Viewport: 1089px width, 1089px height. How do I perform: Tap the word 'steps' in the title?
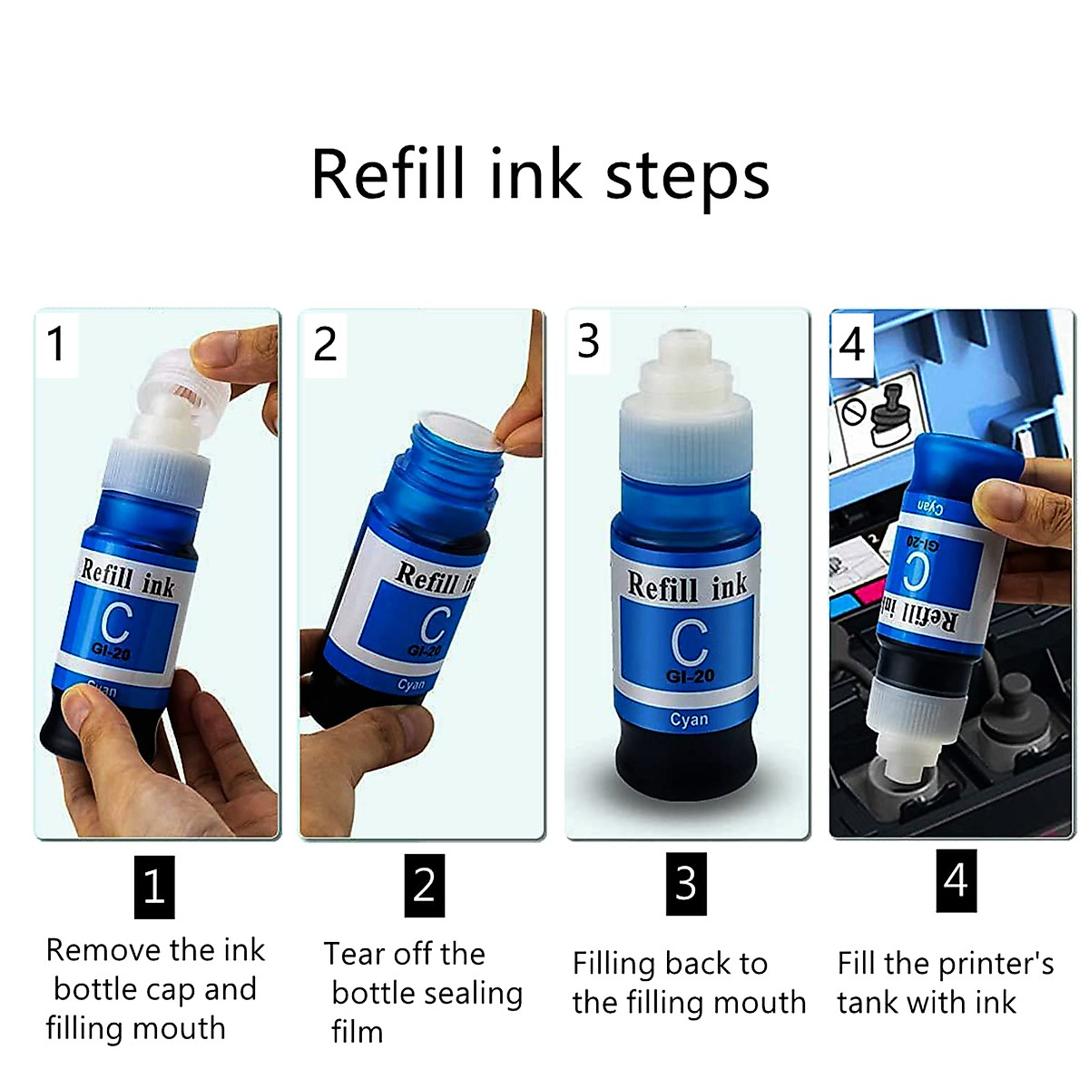(687, 178)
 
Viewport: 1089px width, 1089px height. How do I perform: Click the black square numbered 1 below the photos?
(153, 886)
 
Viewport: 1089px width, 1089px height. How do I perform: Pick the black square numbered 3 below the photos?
(685, 883)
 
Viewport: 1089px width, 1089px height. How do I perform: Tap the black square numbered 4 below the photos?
(956, 880)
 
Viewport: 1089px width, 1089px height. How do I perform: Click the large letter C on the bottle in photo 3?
(689, 642)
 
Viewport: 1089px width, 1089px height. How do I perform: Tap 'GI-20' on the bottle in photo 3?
(690, 676)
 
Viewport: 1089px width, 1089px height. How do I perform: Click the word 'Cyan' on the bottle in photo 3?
(689, 720)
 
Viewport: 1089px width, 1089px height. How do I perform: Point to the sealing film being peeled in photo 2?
(463, 433)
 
